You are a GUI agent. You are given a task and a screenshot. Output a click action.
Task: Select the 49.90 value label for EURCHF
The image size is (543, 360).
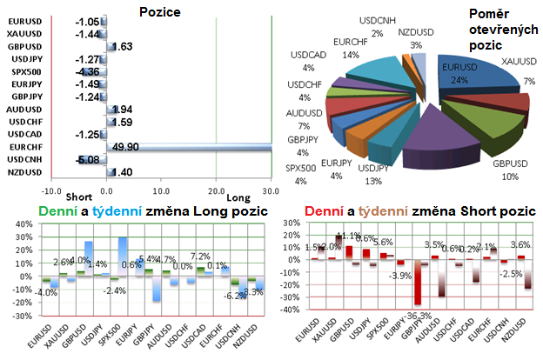[x=132, y=148]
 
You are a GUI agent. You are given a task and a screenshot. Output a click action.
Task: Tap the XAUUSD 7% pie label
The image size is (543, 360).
[x=520, y=71]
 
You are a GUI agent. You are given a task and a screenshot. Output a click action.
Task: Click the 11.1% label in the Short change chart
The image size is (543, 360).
[x=346, y=236]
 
